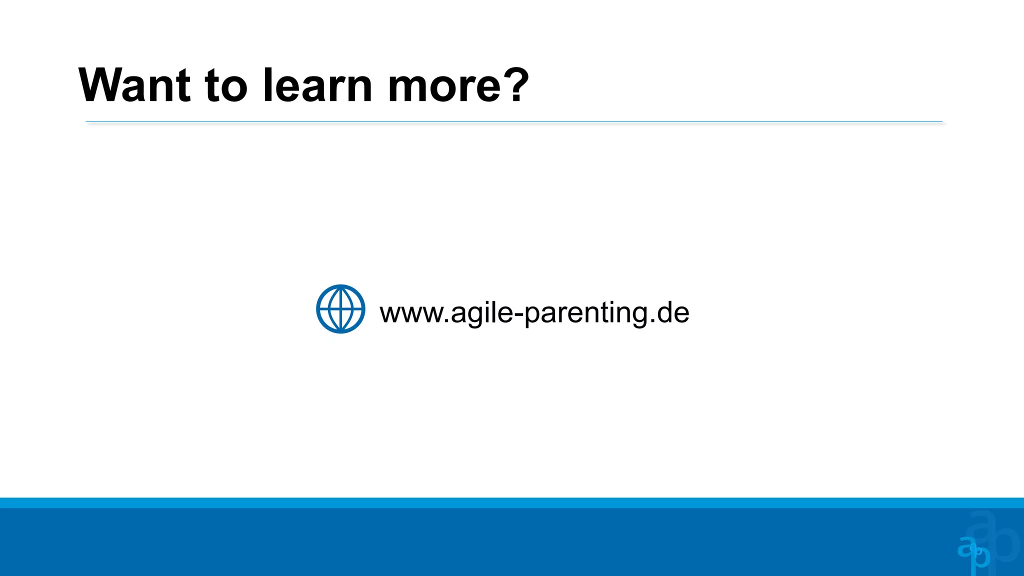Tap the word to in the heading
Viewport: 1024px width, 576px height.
[226, 85]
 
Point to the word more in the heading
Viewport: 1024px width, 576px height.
[444, 86]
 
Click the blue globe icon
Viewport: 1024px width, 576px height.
[340, 309]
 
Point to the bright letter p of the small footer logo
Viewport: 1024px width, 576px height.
[981, 558]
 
